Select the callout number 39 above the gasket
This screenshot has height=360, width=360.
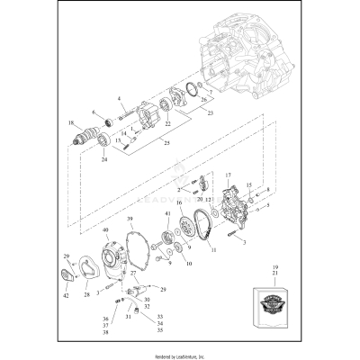pyautogui.click(x=130, y=220)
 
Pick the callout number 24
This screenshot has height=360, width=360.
pyautogui.click(x=103, y=160)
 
